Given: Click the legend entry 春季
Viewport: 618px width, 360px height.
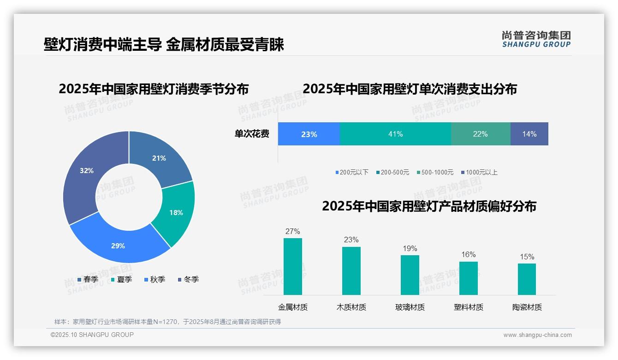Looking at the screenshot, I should click(88, 279).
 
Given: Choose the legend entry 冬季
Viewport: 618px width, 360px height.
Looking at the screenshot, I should click(188, 279).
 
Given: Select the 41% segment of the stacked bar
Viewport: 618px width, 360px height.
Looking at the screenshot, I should click(395, 134).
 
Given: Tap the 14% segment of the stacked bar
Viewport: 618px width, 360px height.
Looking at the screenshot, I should click(529, 134).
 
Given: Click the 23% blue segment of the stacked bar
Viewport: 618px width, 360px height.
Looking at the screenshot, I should click(309, 134).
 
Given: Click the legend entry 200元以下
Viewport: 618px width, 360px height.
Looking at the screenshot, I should click(352, 172).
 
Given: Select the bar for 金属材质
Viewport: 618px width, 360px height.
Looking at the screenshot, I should click(293, 266).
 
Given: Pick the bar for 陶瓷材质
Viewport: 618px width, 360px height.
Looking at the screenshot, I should click(527, 279).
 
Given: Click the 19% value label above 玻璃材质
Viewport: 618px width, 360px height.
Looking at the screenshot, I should click(410, 248).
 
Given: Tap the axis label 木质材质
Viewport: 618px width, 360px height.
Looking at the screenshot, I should click(351, 307).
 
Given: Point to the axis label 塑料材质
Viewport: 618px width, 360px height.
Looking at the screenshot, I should click(468, 307).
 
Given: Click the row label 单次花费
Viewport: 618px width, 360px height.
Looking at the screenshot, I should click(252, 134).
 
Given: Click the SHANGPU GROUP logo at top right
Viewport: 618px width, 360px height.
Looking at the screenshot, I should click(536, 39).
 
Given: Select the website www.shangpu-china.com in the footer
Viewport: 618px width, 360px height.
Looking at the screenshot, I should click(537, 335).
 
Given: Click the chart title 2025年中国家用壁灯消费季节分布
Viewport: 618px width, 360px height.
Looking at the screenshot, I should click(154, 89).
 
